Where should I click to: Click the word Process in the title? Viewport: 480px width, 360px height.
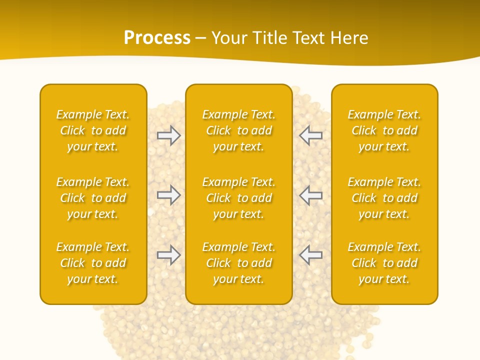pyautogui.click(x=157, y=38)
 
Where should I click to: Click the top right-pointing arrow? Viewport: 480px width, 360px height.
pyautogui.click(x=168, y=135)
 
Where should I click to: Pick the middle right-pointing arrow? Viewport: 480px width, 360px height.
pyautogui.click(x=168, y=195)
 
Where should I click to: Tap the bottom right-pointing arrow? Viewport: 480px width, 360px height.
pyautogui.click(x=168, y=255)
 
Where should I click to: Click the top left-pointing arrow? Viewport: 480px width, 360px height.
pyautogui.click(x=311, y=135)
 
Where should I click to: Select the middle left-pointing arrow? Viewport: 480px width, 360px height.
pyautogui.click(x=311, y=195)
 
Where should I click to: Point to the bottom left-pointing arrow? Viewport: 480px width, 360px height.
pyautogui.click(x=311, y=255)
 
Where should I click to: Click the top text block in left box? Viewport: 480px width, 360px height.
pyautogui.click(x=93, y=130)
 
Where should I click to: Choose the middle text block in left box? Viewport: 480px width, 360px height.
pyautogui.click(x=93, y=198)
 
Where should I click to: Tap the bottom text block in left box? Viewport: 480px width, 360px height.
pyautogui.click(x=93, y=263)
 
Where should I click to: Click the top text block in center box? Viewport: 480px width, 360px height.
pyautogui.click(x=238, y=130)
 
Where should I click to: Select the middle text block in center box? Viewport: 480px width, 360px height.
pyautogui.click(x=238, y=198)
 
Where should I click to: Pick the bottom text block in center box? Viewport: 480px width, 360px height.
pyautogui.click(x=238, y=263)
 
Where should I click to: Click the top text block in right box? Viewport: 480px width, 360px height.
pyautogui.click(x=384, y=130)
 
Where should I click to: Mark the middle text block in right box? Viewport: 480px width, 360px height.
pyautogui.click(x=384, y=198)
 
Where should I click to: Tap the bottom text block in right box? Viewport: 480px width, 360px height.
pyautogui.click(x=384, y=263)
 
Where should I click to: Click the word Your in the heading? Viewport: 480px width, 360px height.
pyautogui.click(x=229, y=38)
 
